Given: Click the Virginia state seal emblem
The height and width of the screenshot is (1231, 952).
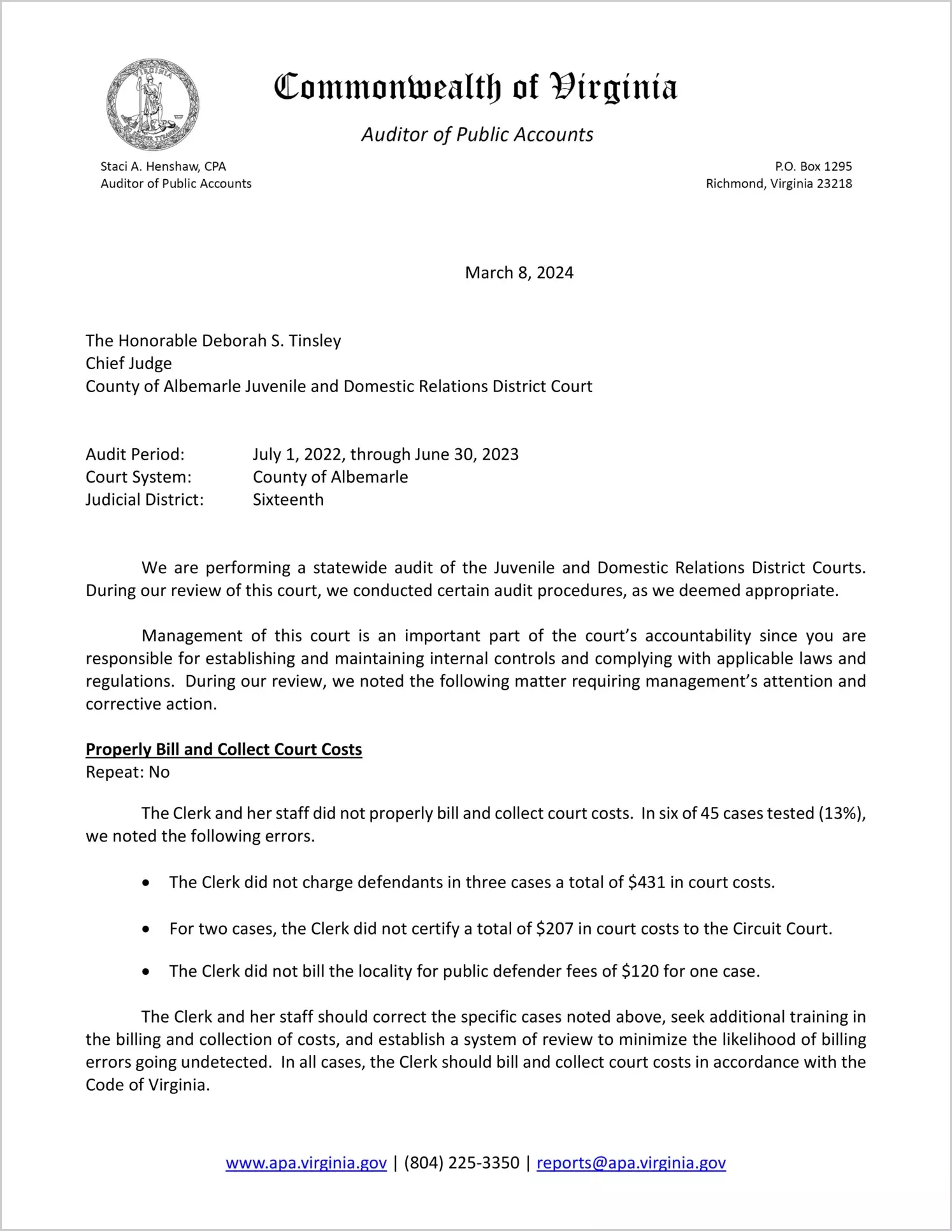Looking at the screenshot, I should pyautogui.click(x=153, y=105).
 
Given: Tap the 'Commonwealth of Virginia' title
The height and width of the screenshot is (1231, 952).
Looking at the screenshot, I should pyautogui.click(x=475, y=87).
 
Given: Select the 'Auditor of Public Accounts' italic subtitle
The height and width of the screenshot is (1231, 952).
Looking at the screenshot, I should pyautogui.click(x=477, y=135).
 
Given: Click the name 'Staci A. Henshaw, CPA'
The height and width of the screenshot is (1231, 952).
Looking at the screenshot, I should pyautogui.click(x=163, y=166).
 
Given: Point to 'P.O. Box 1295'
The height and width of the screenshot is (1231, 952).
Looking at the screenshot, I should pyautogui.click(x=813, y=166).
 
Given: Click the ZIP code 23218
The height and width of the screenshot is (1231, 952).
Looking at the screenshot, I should pyautogui.click(x=834, y=184).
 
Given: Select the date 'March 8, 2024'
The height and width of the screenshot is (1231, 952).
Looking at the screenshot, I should pyautogui.click(x=519, y=273).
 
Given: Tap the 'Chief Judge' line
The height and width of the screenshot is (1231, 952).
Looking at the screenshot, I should pyautogui.click(x=129, y=363).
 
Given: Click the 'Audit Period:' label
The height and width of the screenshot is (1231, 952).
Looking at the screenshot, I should pyautogui.click(x=135, y=455).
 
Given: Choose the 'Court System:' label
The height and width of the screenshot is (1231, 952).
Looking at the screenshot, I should pyautogui.click(x=138, y=477).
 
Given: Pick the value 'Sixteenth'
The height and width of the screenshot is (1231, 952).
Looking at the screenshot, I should pyautogui.click(x=288, y=500).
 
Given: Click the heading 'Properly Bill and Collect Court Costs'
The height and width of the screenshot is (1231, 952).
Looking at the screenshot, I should pyautogui.click(x=224, y=749).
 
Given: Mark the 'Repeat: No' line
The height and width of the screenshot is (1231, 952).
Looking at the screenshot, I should pyautogui.click(x=127, y=772).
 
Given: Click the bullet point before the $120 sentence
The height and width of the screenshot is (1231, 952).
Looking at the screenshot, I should pyautogui.click(x=147, y=972).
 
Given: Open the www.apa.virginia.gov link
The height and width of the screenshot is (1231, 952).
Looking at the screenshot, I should pyautogui.click(x=306, y=1163).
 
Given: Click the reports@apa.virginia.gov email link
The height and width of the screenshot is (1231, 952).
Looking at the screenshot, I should pyautogui.click(x=631, y=1163).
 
